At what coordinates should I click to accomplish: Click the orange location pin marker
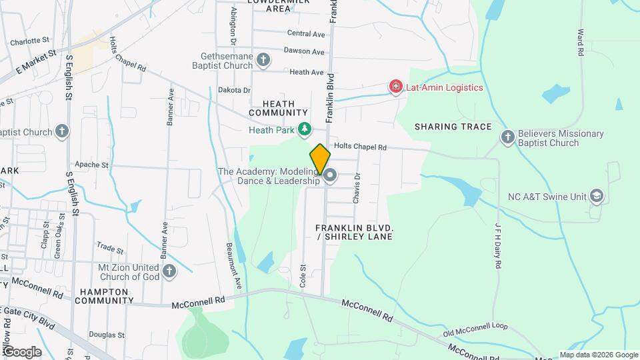[320, 159]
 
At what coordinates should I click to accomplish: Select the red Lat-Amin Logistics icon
[396, 87]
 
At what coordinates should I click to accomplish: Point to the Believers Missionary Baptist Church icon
[507, 138]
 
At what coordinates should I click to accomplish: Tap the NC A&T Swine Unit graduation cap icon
[596, 197]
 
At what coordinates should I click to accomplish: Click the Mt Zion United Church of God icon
[169, 271]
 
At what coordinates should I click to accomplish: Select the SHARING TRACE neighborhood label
[453, 127]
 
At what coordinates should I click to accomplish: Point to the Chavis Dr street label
[358, 184]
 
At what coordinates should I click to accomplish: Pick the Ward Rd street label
[581, 41]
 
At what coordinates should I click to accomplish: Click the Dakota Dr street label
[234, 90]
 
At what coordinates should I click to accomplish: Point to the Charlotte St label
[30, 41]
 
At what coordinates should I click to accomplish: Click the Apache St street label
[91, 165]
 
